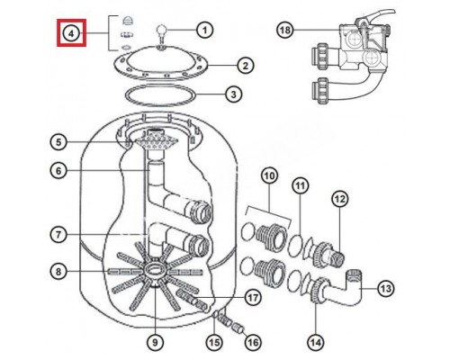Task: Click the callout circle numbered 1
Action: pos(204,30)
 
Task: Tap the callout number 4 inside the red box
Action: pos(71,33)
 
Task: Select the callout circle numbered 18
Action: pos(285,30)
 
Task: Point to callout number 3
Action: pos(233,94)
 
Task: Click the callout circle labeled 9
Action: pos(155,342)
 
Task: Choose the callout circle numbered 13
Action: pos(385,289)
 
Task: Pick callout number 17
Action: pos(253,298)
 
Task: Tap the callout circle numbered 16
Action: pos(253,342)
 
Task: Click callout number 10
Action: pos(269,176)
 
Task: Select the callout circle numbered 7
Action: pos(58,235)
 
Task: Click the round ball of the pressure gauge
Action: pos(161,31)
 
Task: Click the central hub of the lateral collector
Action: pos(154,269)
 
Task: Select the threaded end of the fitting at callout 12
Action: pos(338,258)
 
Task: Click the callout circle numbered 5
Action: pos(58,142)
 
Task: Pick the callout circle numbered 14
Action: pos(316,342)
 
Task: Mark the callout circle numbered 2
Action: pos(246,66)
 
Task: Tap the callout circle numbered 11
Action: pos(301,186)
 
